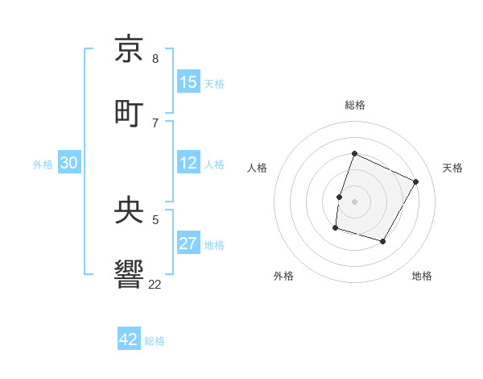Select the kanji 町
click(x=129, y=112)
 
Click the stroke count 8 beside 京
click(x=155, y=59)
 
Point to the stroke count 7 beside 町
click(x=155, y=123)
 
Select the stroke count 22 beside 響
click(x=155, y=285)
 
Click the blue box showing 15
click(x=188, y=82)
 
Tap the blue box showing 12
click(x=188, y=164)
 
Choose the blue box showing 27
click(x=188, y=244)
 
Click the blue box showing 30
click(x=69, y=164)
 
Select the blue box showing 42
click(x=129, y=339)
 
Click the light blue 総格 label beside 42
click(x=155, y=341)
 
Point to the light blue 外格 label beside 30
click(x=43, y=165)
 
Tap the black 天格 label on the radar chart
click(x=452, y=168)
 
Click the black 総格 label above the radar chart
click(x=355, y=105)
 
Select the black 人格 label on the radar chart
click(x=258, y=168)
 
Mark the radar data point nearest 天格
click(x=416, y=181)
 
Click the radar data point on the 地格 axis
click(x=383, y=241)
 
